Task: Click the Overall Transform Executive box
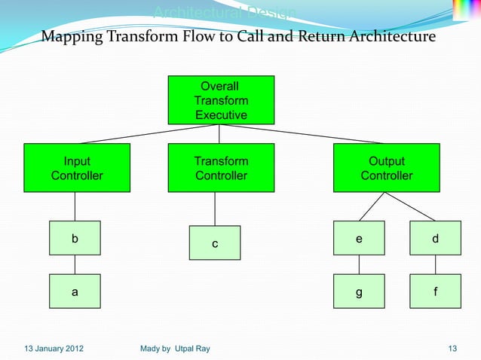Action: (x=221, y=100)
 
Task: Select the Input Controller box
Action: (x=77, y=168)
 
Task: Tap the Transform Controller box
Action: (x=221, y=168)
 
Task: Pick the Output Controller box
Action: (x=386, y=168)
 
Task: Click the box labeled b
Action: (x=75, y=238)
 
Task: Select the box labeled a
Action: (x=75, y=291)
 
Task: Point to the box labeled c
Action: (x=215, y=243)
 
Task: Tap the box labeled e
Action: (x=359, y=238)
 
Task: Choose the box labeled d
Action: (x=435, y=238)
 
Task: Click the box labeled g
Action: (x=359, y=291)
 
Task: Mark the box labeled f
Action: (x=435, y=291)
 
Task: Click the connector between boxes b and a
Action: (x=75, y=265)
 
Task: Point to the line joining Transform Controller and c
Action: (x=215, y=209)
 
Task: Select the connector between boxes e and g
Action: (x=359, y=265)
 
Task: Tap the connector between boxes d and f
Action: (x=435, y=265)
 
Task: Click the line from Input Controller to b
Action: (x=75, y=206)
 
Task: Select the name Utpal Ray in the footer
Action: (x=194, y=348)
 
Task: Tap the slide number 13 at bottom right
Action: (x=452, y=348)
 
